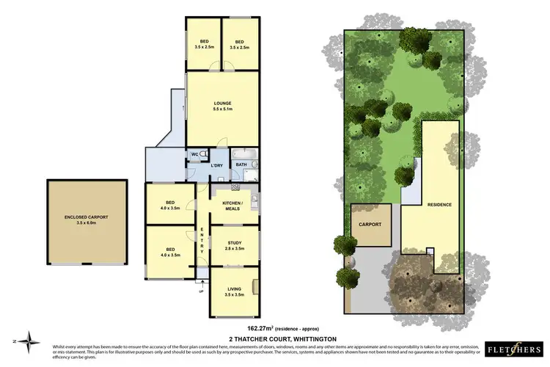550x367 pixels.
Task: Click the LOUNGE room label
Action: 222,103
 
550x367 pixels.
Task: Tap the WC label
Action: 195,154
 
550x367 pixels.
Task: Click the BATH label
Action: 241,165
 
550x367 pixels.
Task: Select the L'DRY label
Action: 216,165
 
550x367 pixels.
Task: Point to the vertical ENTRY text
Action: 203,240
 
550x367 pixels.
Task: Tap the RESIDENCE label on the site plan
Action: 439,204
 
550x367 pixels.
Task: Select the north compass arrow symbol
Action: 29,340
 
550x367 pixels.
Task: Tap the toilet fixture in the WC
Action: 205,154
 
